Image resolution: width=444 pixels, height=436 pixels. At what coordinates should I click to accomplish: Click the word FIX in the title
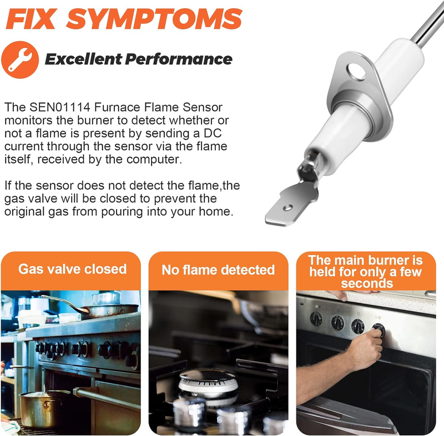coord(31,19)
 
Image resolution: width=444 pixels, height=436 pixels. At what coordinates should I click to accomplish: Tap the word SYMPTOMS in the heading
coord(154,19)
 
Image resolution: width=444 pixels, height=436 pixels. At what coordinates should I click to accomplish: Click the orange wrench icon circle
coord(20,59)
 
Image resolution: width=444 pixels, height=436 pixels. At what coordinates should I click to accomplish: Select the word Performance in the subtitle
coord(179,59)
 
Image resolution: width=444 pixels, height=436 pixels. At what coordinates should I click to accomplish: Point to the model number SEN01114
coord(60,107)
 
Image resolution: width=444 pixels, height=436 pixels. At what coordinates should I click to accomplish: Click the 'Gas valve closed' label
coord(73,269)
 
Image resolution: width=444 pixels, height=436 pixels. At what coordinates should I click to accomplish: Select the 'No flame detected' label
coord(218,270)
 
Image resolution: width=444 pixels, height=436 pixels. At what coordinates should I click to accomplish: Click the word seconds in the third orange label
coord(367,283)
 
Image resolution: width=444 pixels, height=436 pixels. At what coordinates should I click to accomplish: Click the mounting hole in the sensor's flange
coord(356,72)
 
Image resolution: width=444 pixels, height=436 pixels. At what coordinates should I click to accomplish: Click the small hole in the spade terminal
coord(288,208)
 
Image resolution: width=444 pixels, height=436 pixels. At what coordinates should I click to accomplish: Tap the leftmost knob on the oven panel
coord(316,319)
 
